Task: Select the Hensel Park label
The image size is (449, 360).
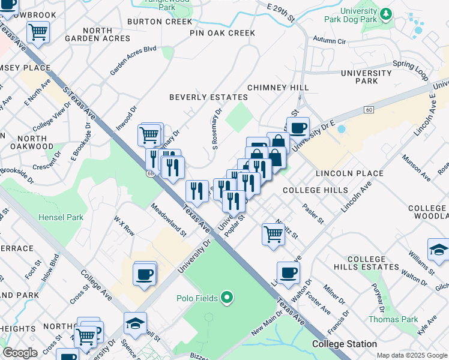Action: tap(61, 217)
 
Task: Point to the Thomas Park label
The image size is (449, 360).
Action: tap(393, 319)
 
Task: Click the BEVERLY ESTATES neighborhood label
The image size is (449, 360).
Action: tap(208, 97)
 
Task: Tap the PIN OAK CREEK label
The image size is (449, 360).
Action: tap(222, 33)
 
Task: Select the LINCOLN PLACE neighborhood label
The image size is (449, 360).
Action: tap(349, 173)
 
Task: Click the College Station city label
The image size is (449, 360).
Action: tap(345, 344)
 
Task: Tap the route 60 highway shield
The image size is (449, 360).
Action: tap(369, 109)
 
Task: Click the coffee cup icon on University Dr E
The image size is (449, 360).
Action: tap(298, 127)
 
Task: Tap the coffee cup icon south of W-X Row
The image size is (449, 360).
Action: tap(145, 274)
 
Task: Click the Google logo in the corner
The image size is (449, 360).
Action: tap(20, 353)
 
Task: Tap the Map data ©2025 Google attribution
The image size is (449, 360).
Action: tap(411, 355)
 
